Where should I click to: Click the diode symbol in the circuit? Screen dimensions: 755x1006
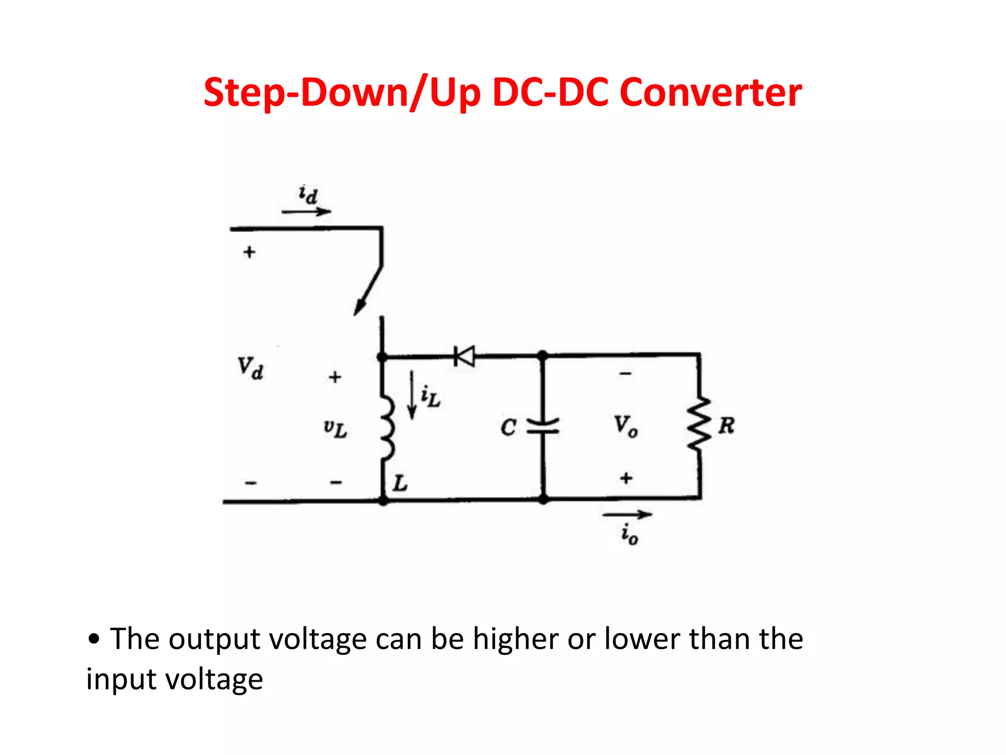[465, 356]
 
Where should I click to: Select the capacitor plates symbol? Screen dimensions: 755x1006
[543, 426]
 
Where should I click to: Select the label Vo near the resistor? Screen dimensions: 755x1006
[625, 426]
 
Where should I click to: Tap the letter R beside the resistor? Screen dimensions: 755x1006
[726, 426]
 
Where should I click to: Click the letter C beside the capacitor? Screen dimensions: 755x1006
[508, 427]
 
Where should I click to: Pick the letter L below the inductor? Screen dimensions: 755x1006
[400, 483]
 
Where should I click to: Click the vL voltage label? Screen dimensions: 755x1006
[335, 429]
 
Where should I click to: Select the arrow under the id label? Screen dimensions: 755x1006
[306, 212]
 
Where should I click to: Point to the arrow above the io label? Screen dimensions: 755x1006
[627, 515]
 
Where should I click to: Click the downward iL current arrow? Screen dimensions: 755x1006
[412, 396]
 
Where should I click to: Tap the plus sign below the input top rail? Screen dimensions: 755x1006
[250, 252]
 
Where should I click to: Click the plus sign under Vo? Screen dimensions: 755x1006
[626, 478]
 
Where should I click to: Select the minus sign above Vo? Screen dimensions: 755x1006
[625, 374]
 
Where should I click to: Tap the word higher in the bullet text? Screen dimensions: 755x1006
[515, 639]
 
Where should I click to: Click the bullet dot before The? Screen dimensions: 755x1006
[94, 639]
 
